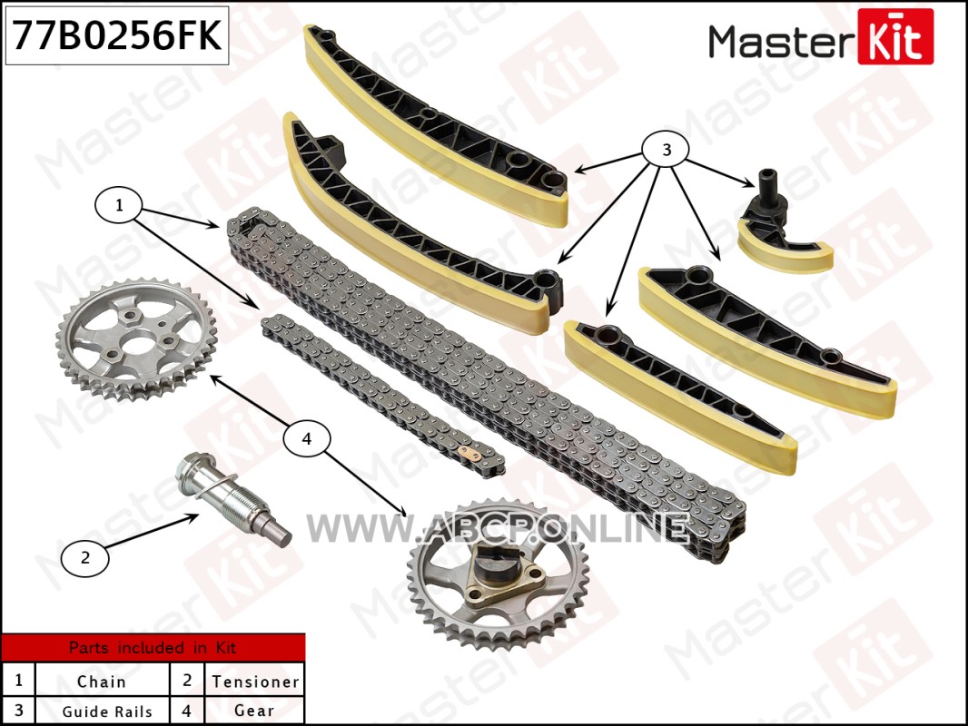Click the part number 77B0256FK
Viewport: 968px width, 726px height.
pyautogui.click(x=116, y=35)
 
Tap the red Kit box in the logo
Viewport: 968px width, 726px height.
pyautogui.click(x=895, y=36)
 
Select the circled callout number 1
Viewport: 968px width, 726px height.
pyautogui.click(x=119, y=205)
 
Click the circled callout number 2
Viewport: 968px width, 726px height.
pyautogui.click(x=85, y=557)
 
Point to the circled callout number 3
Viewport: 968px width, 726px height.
pyautogui.click(x=666, y=150)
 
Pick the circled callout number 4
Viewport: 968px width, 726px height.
pyautogui.click(x=307, y=438)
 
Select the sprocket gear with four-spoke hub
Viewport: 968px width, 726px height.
pyautogui.click(x=136, y=338)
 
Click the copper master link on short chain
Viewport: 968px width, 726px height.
pyautogui.click(x=470, y=455)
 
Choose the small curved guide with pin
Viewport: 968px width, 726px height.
pyautogui.click(x=782, y=228)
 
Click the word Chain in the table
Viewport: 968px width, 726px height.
pyautogui.click(x=101, y=682)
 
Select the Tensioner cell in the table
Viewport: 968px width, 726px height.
pyautogui.click(x=255, y=680)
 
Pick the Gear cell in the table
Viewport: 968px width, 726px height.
pyautogui.click(x=255, y=711)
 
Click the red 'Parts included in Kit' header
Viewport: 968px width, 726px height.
pyautogui.click(x=153, y=648)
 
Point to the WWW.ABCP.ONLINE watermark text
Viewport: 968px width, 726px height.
pyautogui.click(x=498, y=528)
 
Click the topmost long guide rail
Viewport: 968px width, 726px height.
pyautogui.click(x=436, y=126)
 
